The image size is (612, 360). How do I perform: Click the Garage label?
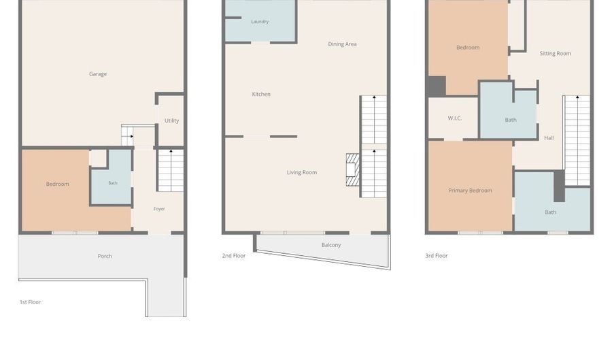[x=97, y=73]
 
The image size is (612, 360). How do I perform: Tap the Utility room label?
[x=172, y=120]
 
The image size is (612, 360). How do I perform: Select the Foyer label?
[x=159, y=209]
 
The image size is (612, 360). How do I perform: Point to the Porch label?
[x=105, y=256]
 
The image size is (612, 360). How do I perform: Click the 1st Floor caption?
[x=30, y=302]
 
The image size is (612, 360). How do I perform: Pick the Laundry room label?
[x=260, y=22]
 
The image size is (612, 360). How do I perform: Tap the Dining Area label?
[x=342, y=44]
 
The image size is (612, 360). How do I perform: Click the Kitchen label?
[x=261, y=94]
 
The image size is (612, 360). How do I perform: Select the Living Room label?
[x=302, y=172]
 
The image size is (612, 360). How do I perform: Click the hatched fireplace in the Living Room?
[x=353, y=170]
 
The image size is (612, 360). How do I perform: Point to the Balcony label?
[x=331, y=245]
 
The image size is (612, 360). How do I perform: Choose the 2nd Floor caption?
[x=234, y=256]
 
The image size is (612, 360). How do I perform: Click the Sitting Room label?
[x=555, y=54]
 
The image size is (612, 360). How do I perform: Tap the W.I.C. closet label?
[x=455, y=118]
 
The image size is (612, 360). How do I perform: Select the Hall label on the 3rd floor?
[x=549, y=138]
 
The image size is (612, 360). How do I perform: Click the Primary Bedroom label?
[x=470, y=191]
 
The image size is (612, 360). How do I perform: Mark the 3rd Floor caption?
[x=437, y=256]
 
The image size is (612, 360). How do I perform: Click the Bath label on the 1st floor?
[x=113, y=183]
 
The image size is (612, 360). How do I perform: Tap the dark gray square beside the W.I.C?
[x=437, y=86]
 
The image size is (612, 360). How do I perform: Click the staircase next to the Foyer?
[x=171, y=170]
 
